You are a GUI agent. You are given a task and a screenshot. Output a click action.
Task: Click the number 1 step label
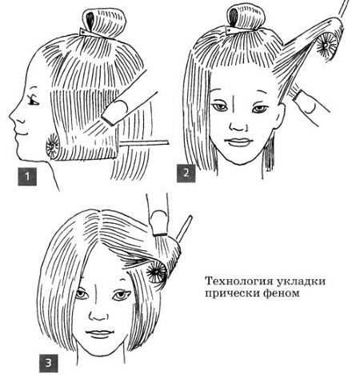(x=27, y=177)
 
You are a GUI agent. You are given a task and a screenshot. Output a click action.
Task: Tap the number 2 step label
(x=186, y=173)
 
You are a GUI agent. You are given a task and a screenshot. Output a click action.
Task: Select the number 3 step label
(x=49, y=363)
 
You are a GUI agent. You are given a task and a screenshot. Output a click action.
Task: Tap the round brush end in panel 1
(x=52, y=146)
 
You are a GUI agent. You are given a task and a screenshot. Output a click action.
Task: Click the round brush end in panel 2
(x=326, y=44)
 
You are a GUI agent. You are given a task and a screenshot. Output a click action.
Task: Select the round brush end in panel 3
(x=157, y=272)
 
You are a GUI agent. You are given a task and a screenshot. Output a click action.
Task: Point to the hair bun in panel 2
(x=247, y=17)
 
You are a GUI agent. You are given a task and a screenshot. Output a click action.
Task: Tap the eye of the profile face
(x=33, y=102)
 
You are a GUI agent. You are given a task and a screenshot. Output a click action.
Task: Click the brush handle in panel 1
(x=144, y=143)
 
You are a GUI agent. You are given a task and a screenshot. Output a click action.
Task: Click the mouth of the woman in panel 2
(x=239, y=142)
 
